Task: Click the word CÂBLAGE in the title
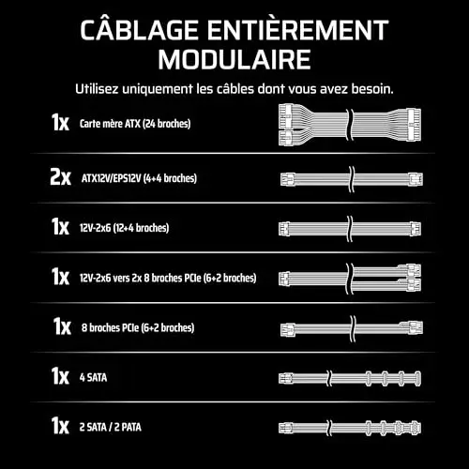click(139, 29)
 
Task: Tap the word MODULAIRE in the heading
click(234, 60)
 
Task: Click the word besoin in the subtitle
click(372, 89)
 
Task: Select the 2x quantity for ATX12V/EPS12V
click(60, 177)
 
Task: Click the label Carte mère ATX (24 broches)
click(135, 124)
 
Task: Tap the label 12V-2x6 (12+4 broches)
click(124, 228)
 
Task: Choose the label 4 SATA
click(93, 377)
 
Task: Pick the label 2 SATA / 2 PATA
click(111, 427)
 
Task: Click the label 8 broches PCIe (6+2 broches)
click(138, 327)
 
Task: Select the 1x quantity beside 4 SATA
click(60, 376)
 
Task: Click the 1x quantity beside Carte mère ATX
click(60, 122)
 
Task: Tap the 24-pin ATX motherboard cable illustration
click(350, 125)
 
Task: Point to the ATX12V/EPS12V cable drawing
click(352, 179)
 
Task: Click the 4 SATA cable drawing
click(350, 378)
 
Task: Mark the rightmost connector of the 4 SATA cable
click(417, 378)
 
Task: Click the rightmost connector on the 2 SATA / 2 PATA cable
click(416, 428)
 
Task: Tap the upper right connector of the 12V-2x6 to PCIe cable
click(414, 271)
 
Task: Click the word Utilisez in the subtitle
click(97, 89)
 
